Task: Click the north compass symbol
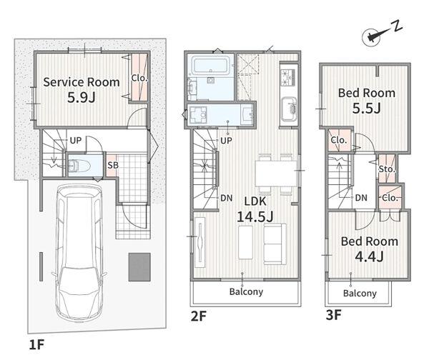[372, 37]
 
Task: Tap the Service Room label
[82, 82]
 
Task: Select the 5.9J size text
[82, 97]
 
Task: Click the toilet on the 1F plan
[79, 166]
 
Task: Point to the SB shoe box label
[113, 166]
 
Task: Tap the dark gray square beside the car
[139, 267]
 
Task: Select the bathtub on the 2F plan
[210, 66]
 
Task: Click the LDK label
[255, 201]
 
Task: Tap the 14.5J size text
[255, 216]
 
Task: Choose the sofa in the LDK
[275, 244]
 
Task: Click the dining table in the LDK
[276, 174]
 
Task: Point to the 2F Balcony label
[246, 291]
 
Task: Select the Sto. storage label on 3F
[387, 169]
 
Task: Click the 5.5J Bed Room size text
[367, 109]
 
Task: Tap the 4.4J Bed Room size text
[370, 256]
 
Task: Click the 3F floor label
[333, 314]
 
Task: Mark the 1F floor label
[36, 344]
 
